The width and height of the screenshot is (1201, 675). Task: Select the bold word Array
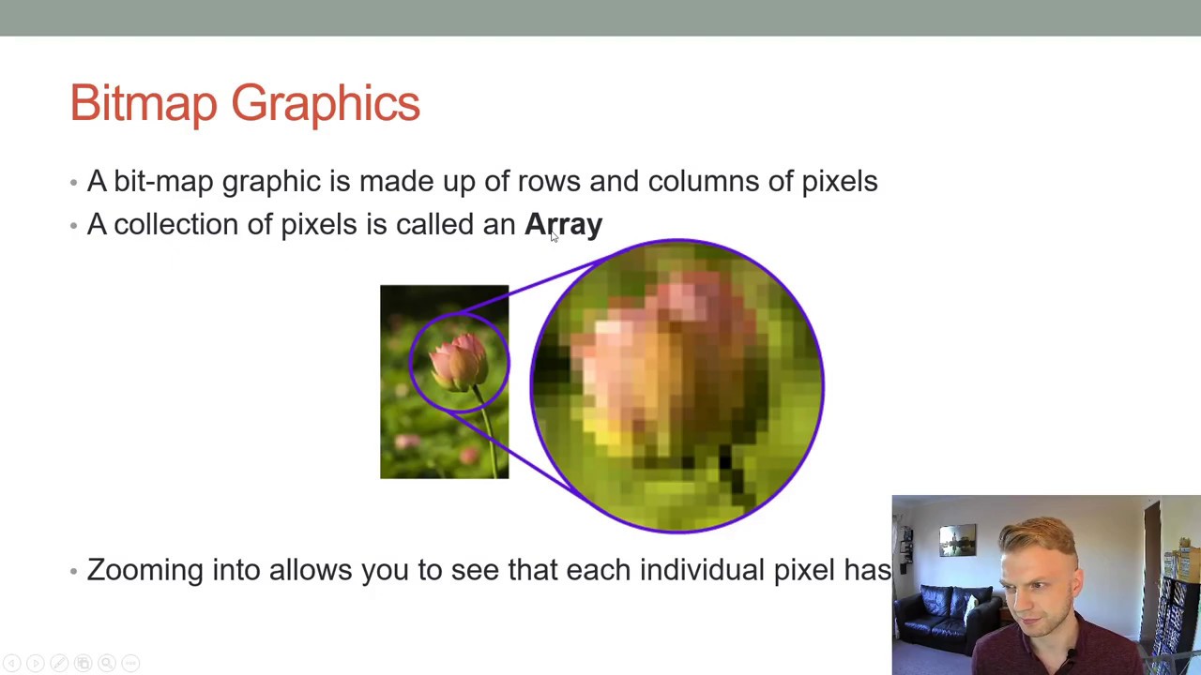[563, 225]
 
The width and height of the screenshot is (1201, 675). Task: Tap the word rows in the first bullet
[549, 182]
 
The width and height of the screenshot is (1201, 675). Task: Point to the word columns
[704, 182]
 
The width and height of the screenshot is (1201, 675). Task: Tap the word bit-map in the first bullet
[163, 182]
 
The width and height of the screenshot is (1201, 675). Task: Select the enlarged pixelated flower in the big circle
[657, 366]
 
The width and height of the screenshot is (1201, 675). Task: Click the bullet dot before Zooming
[74, 571]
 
